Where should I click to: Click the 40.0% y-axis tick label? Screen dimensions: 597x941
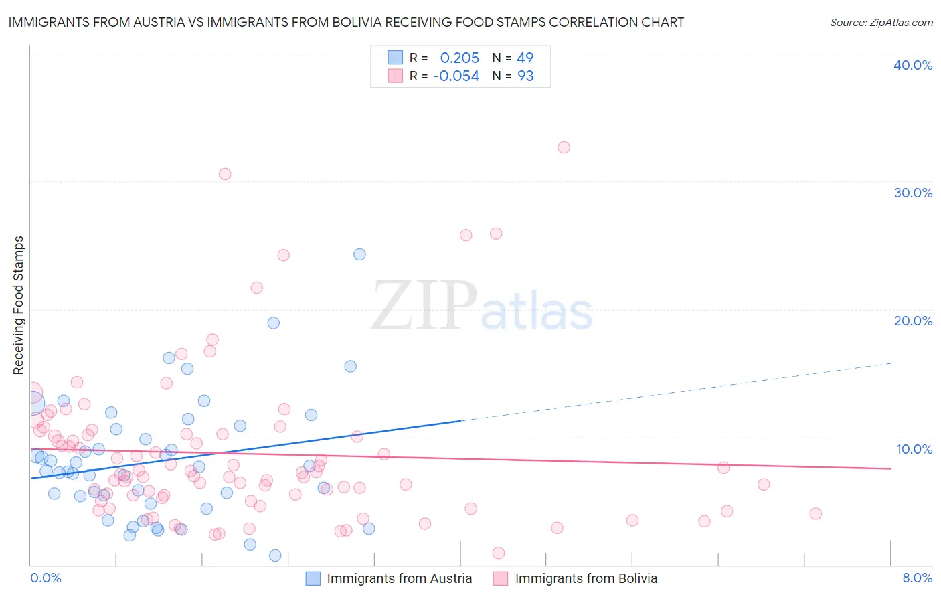912,65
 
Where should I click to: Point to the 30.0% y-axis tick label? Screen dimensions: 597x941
912,193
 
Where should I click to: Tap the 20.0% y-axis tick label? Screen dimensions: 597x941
912,321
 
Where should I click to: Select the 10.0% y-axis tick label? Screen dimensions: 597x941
914,449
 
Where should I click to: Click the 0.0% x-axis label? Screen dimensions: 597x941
46,578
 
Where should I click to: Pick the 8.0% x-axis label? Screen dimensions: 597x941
917,578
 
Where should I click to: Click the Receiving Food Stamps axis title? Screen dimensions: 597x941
18,305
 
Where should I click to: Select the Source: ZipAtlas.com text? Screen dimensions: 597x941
881,22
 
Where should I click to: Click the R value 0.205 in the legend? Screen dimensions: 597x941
459,58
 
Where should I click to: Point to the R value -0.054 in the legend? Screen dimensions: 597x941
456,76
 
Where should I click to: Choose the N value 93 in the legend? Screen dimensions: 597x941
525,76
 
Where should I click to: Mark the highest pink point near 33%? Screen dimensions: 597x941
564,147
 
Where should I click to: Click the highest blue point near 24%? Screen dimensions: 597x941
359,254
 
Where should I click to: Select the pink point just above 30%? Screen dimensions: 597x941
225,174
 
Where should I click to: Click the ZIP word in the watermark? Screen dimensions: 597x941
424,306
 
